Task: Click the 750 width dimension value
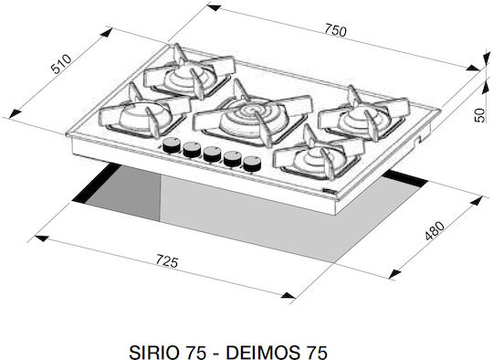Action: pyautogui.click(x=335, y=30)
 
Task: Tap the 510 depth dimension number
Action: pyautogui.click(x=62, y=64)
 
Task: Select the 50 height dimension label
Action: pyautogui.click(x=480, y=115)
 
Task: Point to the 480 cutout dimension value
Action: pyautogui.click(x=435, y=230)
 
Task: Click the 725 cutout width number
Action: pyautogui.click(x=167, y=261)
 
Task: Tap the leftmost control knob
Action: pyautogui.click(x=172, y=144)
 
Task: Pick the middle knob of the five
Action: pyautogui.click(x=212, y=154)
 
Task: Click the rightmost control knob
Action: pyautogui.click(x=252, y=164)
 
